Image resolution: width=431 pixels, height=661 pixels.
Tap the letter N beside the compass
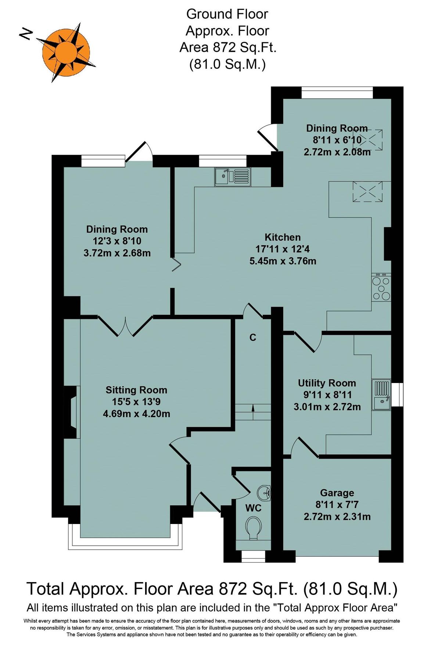(26, 35)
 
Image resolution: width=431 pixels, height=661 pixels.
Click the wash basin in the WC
(264, 493)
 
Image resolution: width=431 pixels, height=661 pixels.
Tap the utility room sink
(381, 395)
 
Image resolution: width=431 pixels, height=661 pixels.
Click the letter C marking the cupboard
(253, 337)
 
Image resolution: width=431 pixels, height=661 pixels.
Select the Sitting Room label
(136, 390)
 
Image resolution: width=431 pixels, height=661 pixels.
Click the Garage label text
(337, 493)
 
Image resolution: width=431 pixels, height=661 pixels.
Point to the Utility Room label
(327, 383)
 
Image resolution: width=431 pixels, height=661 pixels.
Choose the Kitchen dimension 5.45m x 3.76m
(283, 261)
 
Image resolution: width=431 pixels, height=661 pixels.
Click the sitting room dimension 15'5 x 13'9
(136, 402)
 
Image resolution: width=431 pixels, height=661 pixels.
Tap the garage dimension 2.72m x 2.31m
(337, 516)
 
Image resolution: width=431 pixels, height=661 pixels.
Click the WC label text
(253, 508)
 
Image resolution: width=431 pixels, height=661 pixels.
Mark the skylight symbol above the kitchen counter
(367, 192)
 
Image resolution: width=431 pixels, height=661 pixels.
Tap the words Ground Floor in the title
(227, 14)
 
